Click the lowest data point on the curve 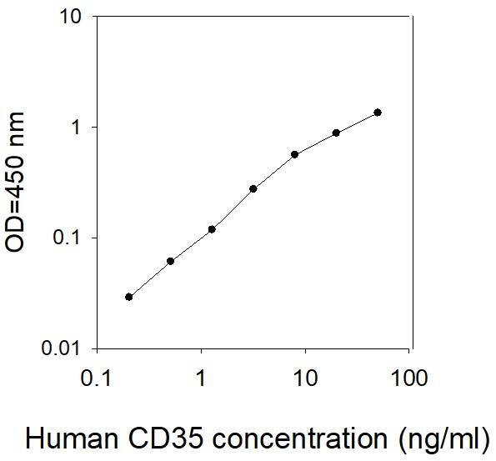tap(128, 297)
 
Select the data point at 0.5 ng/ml tap(170, 261)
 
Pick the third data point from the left tap(212, 229)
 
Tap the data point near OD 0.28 tap(253, 188)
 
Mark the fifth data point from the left tap(294, 154)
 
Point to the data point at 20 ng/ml tap(336, 133)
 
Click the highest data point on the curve tap(378, 113)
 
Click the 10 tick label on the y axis tap(71, 18)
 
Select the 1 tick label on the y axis tap(78, 128)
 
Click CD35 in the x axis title tap(153, 438)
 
